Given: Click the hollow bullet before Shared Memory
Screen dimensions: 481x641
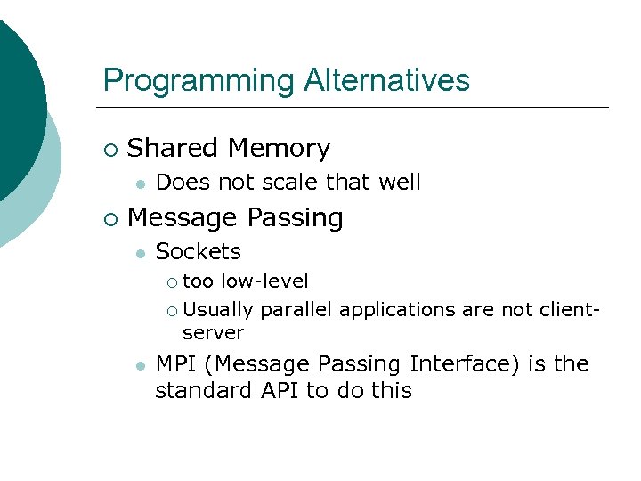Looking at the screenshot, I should [110, 149].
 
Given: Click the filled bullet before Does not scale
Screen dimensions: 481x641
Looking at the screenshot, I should [139, 183].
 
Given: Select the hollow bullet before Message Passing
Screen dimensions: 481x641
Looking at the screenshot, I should [110, 218].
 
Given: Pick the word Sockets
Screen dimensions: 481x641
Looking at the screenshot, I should [198, 252].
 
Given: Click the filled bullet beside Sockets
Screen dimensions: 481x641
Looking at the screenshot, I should [139, 254].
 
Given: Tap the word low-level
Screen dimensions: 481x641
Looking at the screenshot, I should [264, 281].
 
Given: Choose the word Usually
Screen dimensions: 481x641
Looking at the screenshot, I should [218, 309].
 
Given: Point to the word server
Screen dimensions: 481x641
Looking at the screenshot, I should [213, 332].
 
